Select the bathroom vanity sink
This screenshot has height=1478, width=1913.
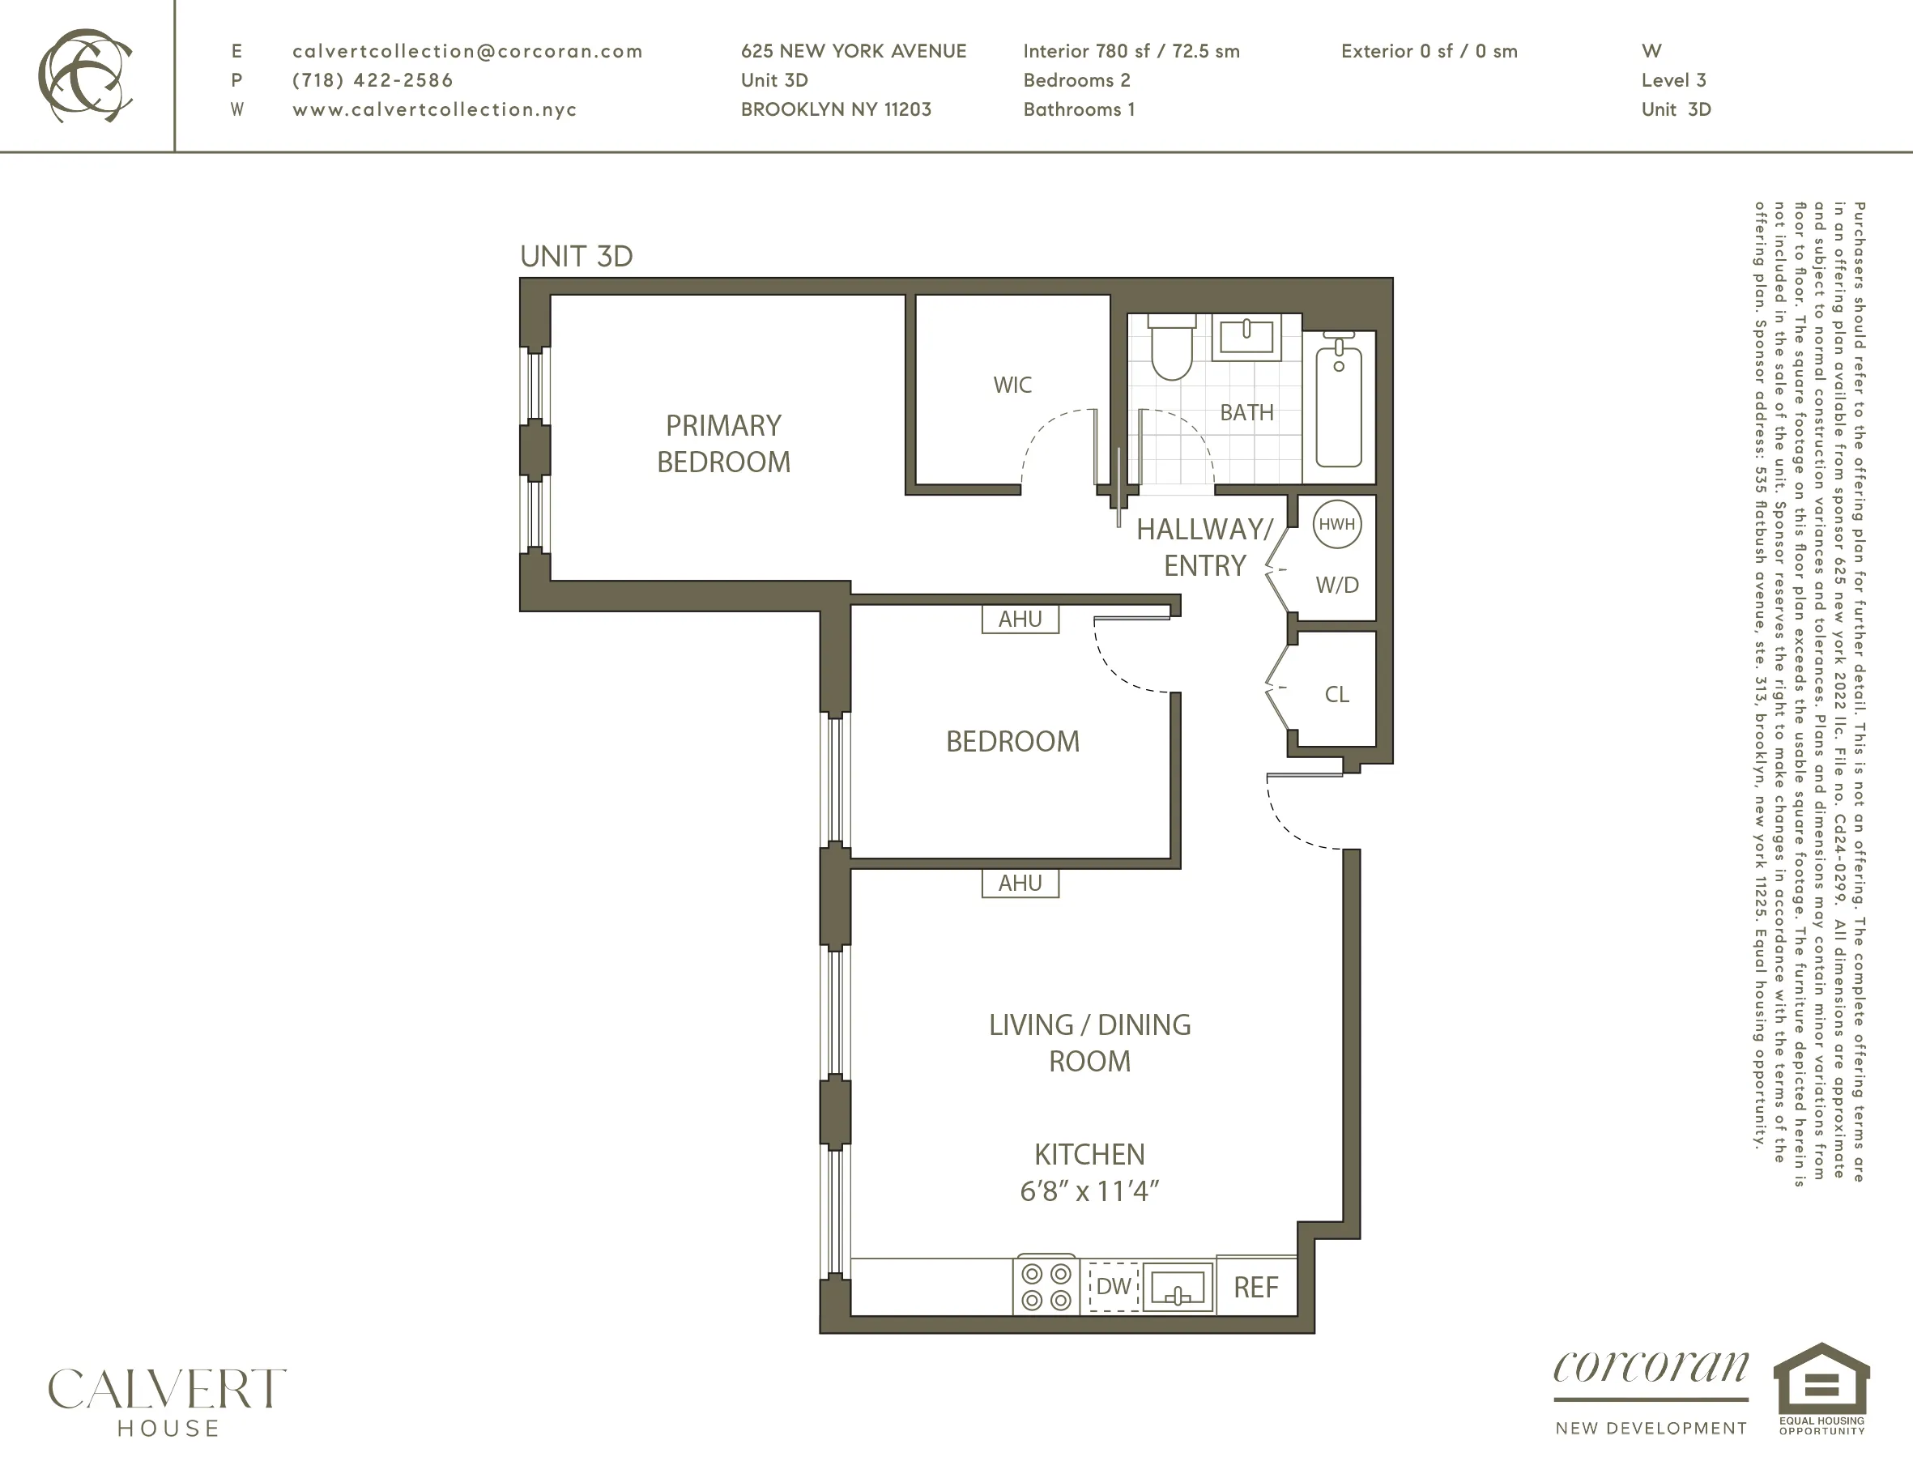pyautogui.click(x=1246, y=337)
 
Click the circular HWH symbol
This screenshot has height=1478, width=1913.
pyautogui.click(x=1336, y=524)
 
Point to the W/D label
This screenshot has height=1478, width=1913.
pyautogui.click(x=1336, y=586)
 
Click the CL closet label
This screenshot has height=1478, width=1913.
pyautogui.click(x=1336, y=694)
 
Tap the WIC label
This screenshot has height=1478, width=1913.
pyautogui.click(x=1012, y=385)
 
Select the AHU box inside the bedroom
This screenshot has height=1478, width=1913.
pyautogui.click(x=1020, y=620)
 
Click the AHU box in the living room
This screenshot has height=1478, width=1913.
pyautogui.click(x=1020, y=883)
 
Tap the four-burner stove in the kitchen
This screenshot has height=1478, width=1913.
pyautogui.click(x=1046, y=1287)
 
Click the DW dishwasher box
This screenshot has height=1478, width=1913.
pyautogui.click(x=1113, y=1286)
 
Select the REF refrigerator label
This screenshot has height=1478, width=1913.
pyautogui.click(x=1255, y=1287)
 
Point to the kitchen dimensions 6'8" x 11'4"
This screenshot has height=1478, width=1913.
pyautogui.click(x=1089, y=1191)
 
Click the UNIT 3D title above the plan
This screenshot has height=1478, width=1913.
pyautogui.click(x=577, y=256)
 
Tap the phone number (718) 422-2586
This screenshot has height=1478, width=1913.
pyautogui.click(x=373, y=79)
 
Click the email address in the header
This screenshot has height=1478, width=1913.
pyautogui.click(x=467, y=51)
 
